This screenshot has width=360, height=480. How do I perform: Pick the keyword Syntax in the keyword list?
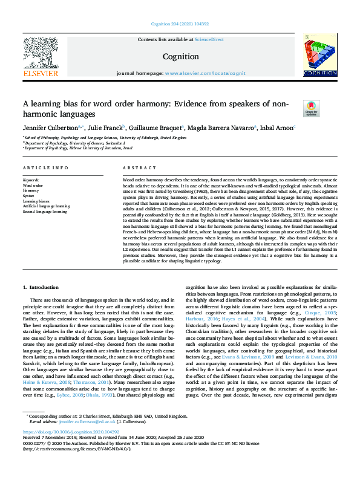point(28,195)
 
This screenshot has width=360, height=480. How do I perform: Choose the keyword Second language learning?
point(45,212)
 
